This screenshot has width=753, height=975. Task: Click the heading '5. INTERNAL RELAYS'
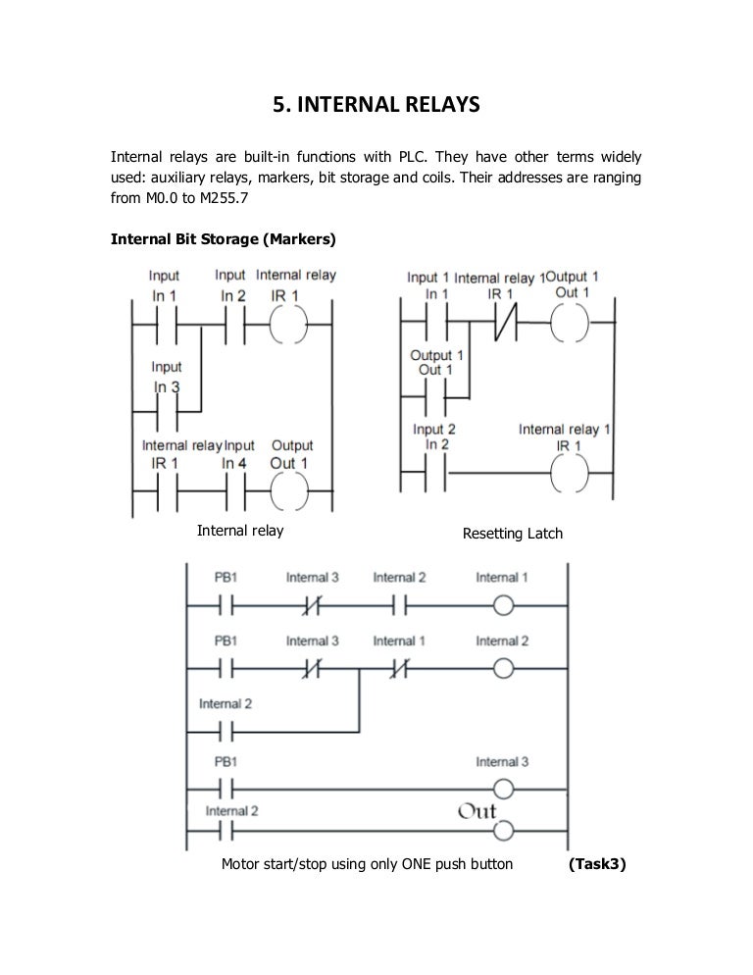(x=376, y=103)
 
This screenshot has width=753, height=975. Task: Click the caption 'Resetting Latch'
(x=512, y=535)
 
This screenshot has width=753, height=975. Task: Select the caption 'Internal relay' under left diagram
(x=240, y=531)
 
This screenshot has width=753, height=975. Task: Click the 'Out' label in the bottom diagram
(x=477, y=812)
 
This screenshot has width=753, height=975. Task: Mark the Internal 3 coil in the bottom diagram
(x=504, y=788)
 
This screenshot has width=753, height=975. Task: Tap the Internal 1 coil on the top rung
(x=504, y=603)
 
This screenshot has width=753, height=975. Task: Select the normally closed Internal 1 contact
(x=397, y=668)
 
